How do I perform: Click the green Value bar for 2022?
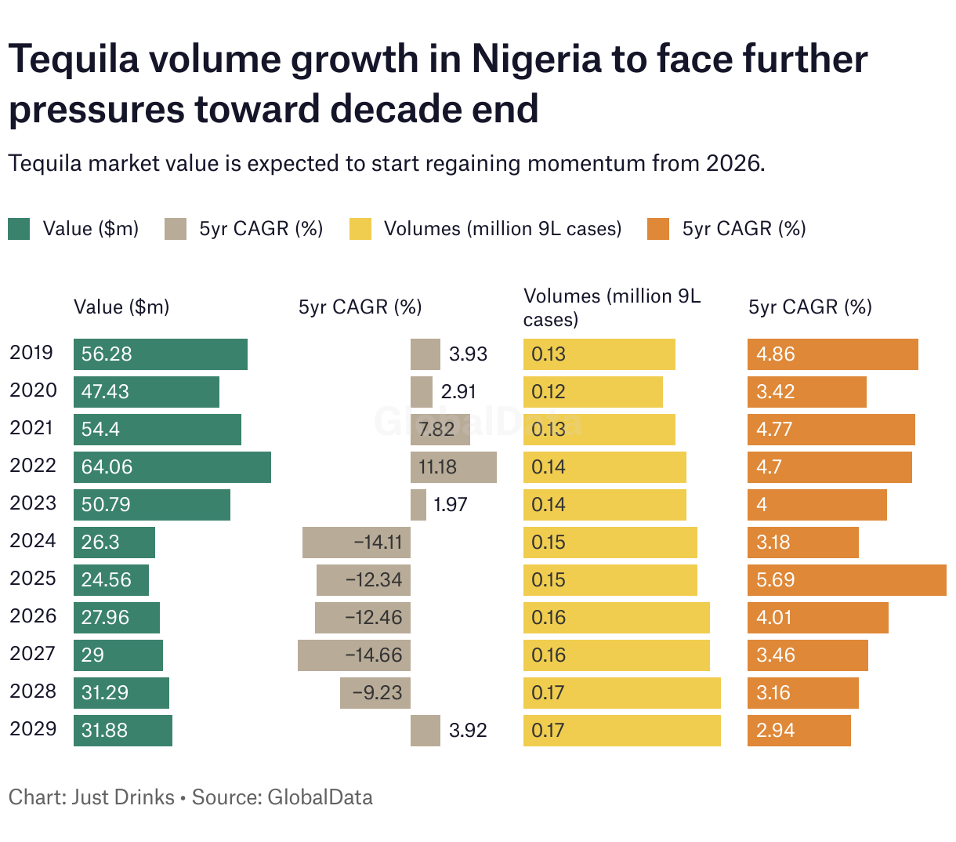click(172, 467)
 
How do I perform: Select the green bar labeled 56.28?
click(161, 354)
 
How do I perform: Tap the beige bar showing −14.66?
click(354, 655)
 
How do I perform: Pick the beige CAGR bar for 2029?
click(425, 731)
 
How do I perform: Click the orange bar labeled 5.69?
click(847, 580)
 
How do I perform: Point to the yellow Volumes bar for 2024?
click(610, 543)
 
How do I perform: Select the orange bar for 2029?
click(799, 731)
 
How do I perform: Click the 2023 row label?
click(33, 503)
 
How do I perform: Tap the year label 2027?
click(33, 654)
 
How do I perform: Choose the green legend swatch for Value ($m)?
click(19, 229)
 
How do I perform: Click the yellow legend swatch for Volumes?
click(360, 229)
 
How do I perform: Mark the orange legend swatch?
click(658, 229)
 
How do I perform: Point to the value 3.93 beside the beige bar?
click(468, 354)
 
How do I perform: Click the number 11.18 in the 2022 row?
click(437, 467)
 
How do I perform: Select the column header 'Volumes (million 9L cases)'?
click(612, 307)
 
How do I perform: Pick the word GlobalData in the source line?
click(320, 797)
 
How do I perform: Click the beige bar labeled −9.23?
click(375, 693)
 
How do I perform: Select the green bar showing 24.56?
click(111, 580)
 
